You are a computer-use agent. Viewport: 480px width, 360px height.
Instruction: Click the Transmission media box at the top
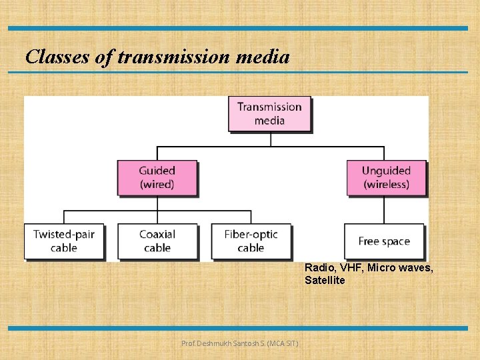[x=269, y=113]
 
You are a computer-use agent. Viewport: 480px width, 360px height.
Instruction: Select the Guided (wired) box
[x=157, y=177]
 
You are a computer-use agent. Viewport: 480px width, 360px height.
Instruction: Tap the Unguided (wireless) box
[x=386, y=177]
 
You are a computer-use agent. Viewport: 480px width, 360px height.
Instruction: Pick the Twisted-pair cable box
[x=64, y=241]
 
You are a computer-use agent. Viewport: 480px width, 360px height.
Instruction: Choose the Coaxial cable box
[x=157, y=241]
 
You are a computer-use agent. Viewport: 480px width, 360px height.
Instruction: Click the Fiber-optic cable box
[x=251, y=241]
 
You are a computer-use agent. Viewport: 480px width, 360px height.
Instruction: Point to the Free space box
[x=384, y=241]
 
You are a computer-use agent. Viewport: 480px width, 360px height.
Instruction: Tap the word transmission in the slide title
[x=172, y=57]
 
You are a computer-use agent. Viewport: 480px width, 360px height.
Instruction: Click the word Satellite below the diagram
[x=325, y=281]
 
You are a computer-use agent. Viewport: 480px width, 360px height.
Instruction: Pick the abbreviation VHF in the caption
[x=351, y=267]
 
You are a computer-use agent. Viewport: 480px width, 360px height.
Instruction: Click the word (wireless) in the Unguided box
[x=386, y=184]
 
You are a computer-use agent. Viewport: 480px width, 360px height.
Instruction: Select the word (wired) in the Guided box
[x=157, y=184]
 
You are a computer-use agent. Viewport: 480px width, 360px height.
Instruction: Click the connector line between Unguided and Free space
[x=384, y=209]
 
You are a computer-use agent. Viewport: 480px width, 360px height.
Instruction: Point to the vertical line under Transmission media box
[x=271, y=139]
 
